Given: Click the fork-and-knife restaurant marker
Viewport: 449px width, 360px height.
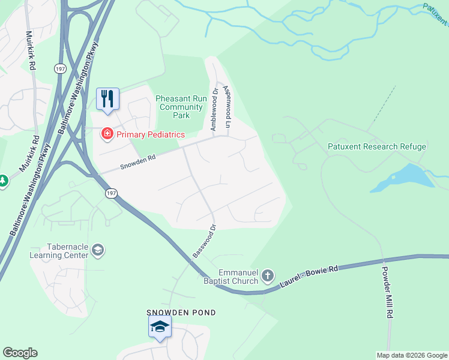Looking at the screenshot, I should (108, 99).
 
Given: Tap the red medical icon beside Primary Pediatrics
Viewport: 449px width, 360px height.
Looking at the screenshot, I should (107, 133).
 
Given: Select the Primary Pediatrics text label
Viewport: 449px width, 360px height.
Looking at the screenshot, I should (151, 134).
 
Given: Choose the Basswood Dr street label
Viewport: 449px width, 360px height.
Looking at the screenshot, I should (204, 241).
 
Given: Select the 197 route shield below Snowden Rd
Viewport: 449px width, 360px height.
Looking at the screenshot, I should (110, 193).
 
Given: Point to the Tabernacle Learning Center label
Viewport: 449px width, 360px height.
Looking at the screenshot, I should (59, 251).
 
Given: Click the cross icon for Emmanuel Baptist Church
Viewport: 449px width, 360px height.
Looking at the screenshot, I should (268, 276).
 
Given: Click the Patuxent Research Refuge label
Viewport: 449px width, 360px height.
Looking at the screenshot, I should (377, 146).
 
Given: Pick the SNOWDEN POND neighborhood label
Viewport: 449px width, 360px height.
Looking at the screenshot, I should (181, 313).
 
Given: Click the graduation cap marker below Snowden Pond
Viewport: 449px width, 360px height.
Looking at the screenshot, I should (160, 327).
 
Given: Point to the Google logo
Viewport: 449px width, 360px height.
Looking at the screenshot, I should (20, 353).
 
